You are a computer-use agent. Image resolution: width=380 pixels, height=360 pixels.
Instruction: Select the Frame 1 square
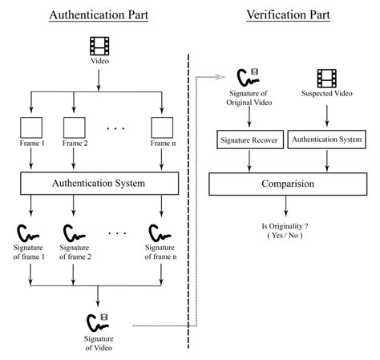pyautogui.click(x=30, y=127)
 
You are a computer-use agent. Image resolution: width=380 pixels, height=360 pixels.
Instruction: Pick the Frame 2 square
pyautogui.click(x=74, y=127)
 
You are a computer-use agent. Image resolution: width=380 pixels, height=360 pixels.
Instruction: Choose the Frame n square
pyautogui.click(x=163, y=127)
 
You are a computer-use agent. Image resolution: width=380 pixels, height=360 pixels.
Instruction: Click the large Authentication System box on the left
pyautogui.click(x=97, y=184)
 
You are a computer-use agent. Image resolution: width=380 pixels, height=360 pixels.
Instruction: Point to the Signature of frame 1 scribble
pyautogui.click(x=30, y=234)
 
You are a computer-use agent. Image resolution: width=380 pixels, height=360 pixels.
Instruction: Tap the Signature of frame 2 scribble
pyautogui.click(x=74, y=234)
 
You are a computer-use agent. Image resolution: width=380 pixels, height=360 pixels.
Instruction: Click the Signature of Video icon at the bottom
pyautogui.click(x=97, y=322)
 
